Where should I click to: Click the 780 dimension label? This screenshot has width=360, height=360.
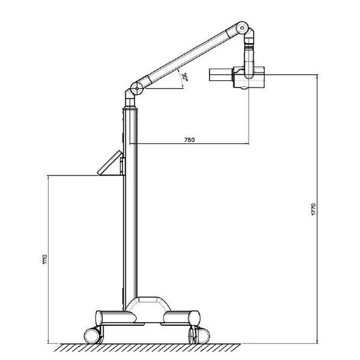click(x=189, y=140)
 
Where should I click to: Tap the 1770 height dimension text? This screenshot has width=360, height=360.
click(x=313, y=209)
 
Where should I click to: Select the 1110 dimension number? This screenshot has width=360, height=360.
click(x=45, y=259)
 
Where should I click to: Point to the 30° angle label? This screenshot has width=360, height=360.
click(x=185, y=78)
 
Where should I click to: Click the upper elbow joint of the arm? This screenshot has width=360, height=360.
click(x=242, y=28)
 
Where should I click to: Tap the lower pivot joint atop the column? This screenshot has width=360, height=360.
click(x=137, y=88)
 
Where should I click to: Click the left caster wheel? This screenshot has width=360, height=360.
click(x=92, y=336)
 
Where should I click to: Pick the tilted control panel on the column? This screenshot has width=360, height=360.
click(x=110, y=162)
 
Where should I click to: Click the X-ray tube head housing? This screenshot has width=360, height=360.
click(x=249, y=78)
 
